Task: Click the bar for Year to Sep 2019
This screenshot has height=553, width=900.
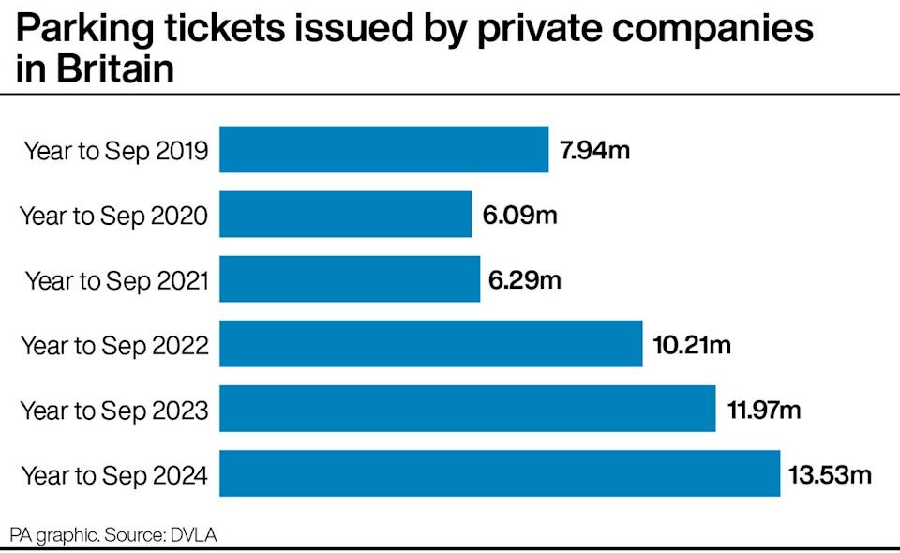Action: pos(383,150)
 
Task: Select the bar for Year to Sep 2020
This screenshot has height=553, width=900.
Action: pos(345,215)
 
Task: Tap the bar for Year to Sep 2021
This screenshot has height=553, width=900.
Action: pos(350,279)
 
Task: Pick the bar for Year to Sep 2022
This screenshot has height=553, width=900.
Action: pos(430,344)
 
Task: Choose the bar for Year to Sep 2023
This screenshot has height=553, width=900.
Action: pos(467,410)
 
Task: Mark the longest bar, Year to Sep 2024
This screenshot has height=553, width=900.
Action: pos(500,474)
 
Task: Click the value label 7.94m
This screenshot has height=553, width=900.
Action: pos(595,150)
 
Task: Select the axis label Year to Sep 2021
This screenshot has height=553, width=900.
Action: pos(116,280)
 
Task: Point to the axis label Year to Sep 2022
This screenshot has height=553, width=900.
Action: pos(114,346)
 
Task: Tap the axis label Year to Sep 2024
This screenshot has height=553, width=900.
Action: pos(114,475)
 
